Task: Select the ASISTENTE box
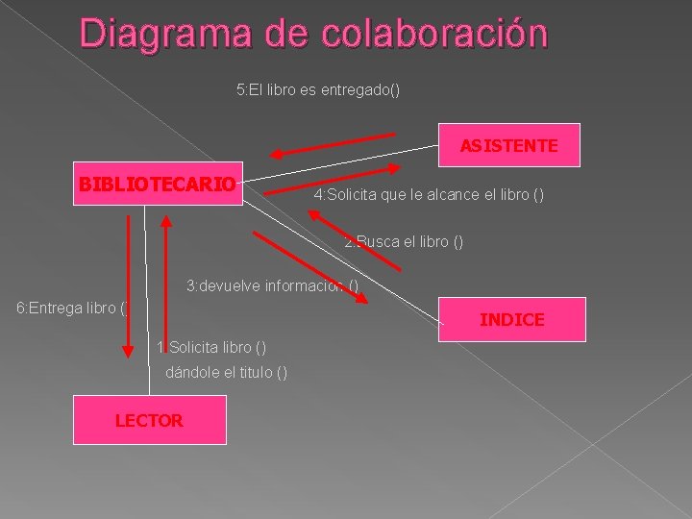(x=508, y=145)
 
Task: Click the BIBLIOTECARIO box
(x=158, y=184)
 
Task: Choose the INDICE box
(x=511, y=319)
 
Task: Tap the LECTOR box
(x=149, y=420)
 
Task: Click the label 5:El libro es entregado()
(x=318, y=90)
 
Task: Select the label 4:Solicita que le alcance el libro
(x=429, y=195)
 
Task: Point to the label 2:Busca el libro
(x=404, y=241)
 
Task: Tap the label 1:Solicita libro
(x=211, y=346)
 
